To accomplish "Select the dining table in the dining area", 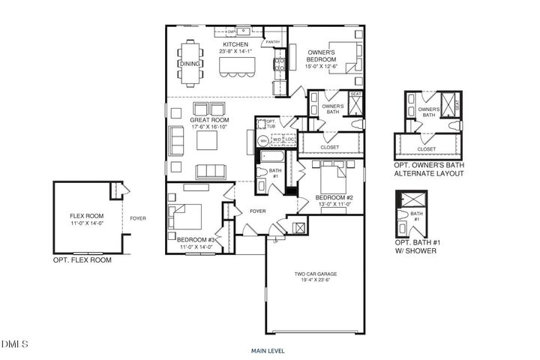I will pos(190,64).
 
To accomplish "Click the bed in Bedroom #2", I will pos(331,181).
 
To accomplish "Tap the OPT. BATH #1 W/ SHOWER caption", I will pos(418,245).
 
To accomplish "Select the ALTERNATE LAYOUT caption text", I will pos(429,173).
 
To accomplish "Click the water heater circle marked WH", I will pos(263,140).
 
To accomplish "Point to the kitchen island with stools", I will pos(235,67).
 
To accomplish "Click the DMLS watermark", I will pos(14,344).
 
